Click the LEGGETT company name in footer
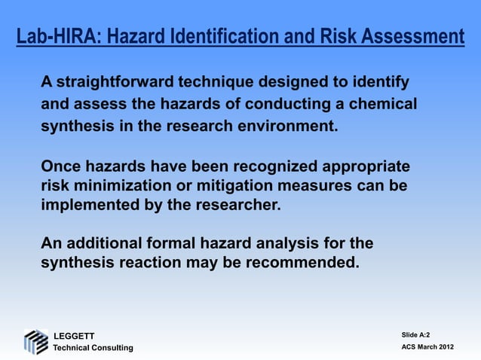point(72,334)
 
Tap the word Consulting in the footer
point(110,347)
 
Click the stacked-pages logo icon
point(35,341)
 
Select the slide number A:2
point(423,334)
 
